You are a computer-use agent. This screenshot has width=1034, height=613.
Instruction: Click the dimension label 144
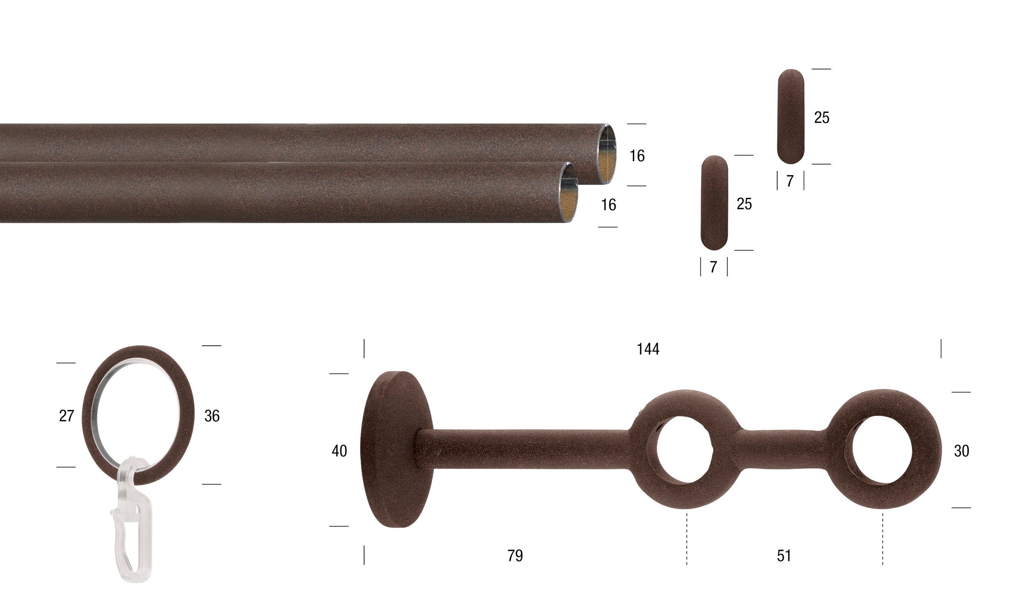(648, 349)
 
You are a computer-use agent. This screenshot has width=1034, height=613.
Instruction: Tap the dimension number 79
(515, 555)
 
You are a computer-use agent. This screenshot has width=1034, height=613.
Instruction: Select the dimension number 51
(784, 556)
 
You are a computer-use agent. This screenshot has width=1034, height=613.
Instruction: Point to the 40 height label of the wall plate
(339, 451)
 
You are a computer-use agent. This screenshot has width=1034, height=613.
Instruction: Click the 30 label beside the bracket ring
(962, 451)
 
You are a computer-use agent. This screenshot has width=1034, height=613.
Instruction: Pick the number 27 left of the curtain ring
(67, 416)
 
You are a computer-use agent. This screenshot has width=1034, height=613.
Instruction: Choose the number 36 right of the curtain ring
(212, 416)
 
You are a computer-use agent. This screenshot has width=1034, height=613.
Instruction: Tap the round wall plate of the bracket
(396, 450)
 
